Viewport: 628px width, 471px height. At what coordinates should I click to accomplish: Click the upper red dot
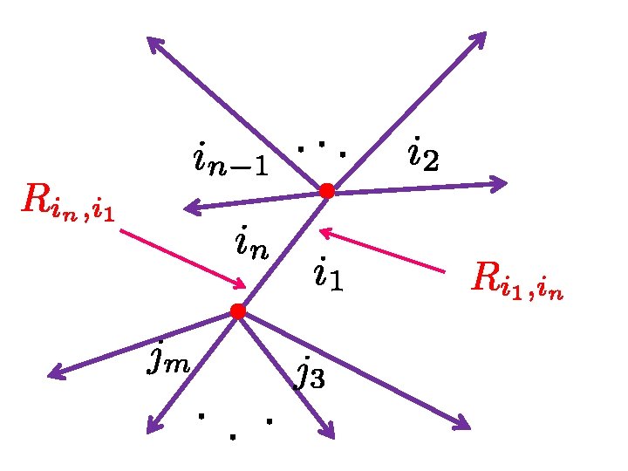tap(326, 190)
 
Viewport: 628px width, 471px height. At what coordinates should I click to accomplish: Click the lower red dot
tap(236, 311)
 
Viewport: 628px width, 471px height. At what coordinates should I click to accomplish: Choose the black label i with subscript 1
tap(328, 274)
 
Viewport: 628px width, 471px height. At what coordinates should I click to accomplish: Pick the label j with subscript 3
tap(310, 372)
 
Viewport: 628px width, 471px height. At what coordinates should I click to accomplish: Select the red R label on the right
tap(516, 280)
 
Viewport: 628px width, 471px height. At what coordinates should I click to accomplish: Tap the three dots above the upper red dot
tap(321, 148)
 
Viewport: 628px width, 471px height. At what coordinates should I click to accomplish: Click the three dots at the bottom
tap(234, 426)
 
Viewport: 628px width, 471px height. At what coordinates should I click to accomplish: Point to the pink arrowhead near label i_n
tap(241, 283)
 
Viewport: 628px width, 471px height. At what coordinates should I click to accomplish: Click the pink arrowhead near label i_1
tap(324, 232)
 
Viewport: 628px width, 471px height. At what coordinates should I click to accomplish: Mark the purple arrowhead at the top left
tap(152, 41)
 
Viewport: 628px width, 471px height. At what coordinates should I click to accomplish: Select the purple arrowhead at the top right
tap(481, 37)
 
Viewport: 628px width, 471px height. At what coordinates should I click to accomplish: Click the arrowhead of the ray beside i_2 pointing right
tap(501, 183)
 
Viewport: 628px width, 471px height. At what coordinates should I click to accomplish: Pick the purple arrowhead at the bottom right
tap(463, 425)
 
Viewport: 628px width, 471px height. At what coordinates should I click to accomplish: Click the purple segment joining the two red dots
tap(281, 251)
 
